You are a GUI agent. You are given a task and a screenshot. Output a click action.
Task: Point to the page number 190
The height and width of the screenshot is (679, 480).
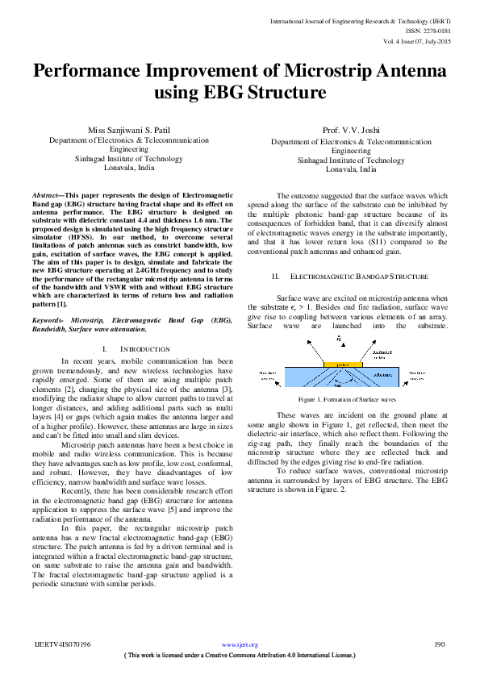[440, 644]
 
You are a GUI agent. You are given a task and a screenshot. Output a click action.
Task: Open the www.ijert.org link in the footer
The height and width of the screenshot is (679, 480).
[240, 645]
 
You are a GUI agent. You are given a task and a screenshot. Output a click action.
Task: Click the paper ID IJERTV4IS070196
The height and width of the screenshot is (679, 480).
[62, 644]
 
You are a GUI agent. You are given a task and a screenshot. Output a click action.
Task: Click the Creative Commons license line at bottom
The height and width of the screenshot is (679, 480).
[240, 656]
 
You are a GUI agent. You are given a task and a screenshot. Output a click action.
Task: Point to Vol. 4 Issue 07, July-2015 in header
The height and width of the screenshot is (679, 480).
[417, 32]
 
